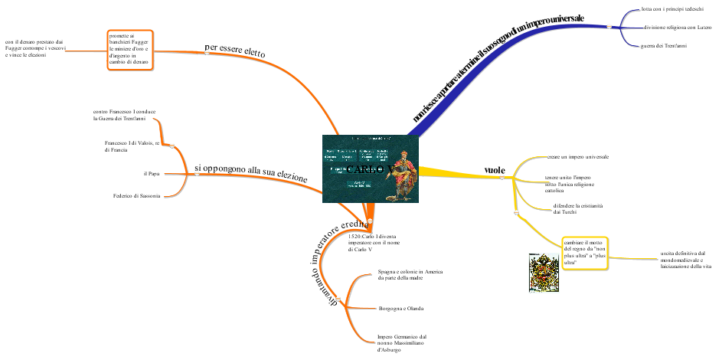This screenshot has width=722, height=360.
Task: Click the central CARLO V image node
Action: (x=371, y=169)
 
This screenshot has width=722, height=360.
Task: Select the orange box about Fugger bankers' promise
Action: (x=130, y=51)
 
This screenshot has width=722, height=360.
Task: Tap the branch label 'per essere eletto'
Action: (x=235, y=51)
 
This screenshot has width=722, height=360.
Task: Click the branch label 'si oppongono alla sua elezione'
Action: (x=250, y=172)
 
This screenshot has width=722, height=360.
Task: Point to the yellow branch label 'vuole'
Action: (x=495, y=169)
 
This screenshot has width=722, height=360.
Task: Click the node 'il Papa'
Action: (x=151, y=174)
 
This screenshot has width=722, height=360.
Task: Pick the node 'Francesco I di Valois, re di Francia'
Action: (x=132, y=146)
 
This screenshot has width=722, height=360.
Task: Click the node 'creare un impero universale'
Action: (x=577, y=156)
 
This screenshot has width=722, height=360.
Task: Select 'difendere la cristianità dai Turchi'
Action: (x=577, y=208)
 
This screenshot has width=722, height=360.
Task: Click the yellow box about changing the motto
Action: (x=585, y=253)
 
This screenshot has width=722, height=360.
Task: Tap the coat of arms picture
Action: (x=544, y=272)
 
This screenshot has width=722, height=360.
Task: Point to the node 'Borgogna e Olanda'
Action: (x=401, y=308)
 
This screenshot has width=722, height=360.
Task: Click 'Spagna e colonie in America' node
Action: (x=410, y=275)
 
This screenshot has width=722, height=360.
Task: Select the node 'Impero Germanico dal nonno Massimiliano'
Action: (x=402, y=342)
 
